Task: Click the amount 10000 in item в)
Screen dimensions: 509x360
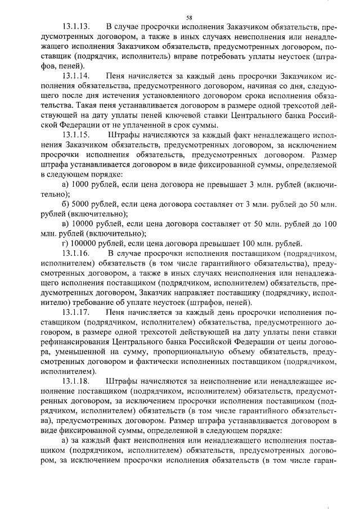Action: click(82, 223)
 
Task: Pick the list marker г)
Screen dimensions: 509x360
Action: click(65, 243)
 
